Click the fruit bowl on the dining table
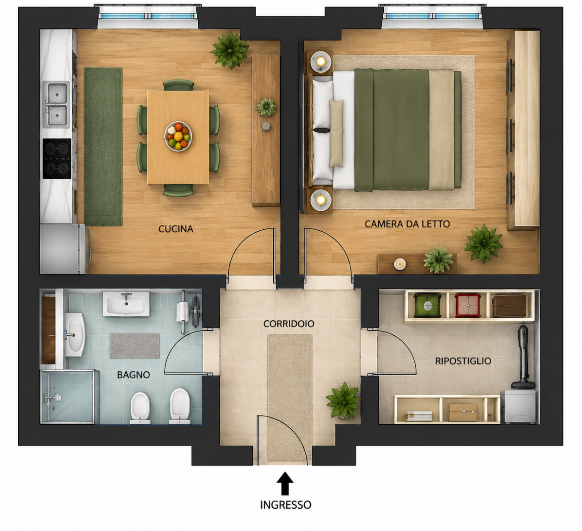178,136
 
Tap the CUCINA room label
176,229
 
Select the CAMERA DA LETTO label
407,224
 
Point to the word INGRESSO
286,505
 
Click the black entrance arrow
285,483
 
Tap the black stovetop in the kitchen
57,159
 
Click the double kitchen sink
56,104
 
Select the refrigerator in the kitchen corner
65,249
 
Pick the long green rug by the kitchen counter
103,147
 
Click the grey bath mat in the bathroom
134,346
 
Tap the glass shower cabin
69,397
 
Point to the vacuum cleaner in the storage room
523,357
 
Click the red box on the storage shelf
468,306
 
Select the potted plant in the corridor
344,401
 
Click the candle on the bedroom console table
400,263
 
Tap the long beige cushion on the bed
336,134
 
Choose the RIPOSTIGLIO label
463,361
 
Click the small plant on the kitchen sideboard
266,107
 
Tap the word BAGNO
134,375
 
